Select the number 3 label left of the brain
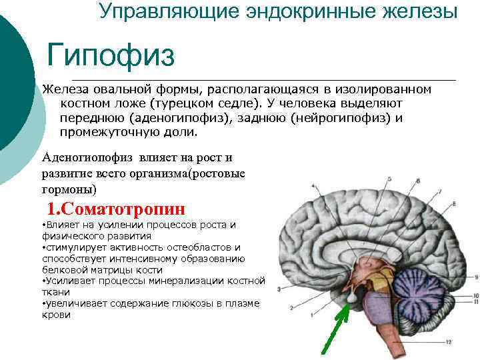click(x=277, y=289)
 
